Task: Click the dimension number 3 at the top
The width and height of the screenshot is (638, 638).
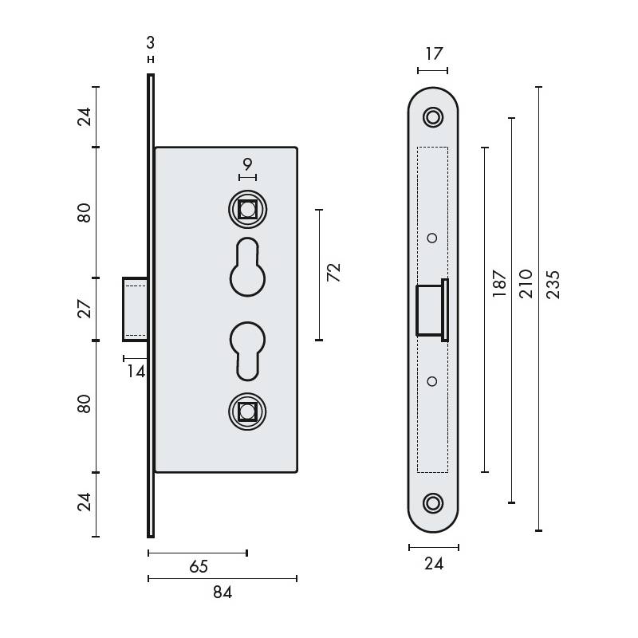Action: click(x=150, y=42)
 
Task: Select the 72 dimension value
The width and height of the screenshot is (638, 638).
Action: click(x=334, y=273)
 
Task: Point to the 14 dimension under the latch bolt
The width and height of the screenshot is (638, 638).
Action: click(x=136, y=370)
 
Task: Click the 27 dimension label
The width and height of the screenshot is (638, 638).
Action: click(x=85, y=309)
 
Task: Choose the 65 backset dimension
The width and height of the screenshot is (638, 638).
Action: click(x=198, y=566)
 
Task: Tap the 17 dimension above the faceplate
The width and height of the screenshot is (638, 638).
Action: click(x=433, y=54)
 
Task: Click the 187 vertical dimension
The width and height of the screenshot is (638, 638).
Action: click(x=499, y=283)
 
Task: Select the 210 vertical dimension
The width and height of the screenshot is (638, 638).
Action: click(x=526, y=283)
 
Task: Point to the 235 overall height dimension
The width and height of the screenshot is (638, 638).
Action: click(x=553, y=285)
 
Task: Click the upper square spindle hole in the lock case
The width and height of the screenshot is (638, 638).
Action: click(x=247, y=210)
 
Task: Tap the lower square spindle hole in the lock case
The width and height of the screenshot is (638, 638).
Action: click(x=247, y=412)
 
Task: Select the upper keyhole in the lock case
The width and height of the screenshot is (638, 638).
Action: click(x=247, y=268)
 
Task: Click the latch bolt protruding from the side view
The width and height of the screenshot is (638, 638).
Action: click(x=134, y=309)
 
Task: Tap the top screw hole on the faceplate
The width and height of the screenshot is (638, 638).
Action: click(x=433, y=116)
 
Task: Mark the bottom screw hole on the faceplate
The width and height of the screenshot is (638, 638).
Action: click(x=433, y=502)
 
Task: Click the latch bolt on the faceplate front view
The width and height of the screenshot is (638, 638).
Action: click(x=431, y=309)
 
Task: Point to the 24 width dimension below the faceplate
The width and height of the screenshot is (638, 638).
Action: click(x=433, y=565)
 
